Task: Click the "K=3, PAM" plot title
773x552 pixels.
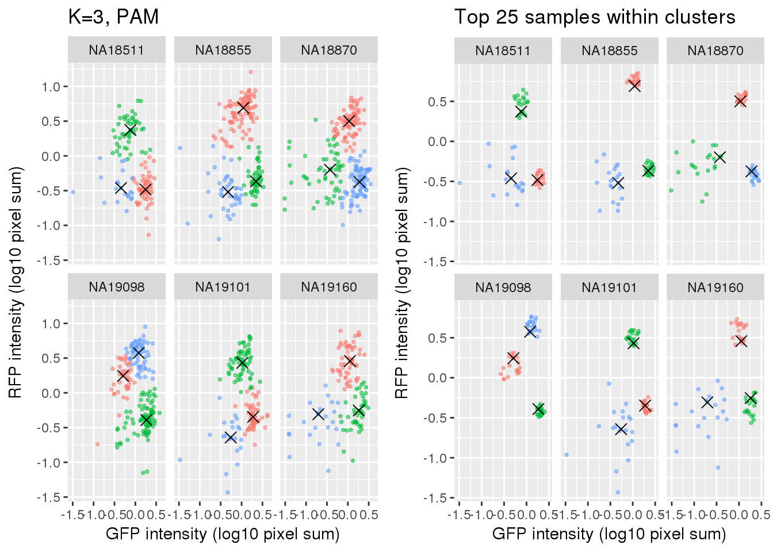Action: (x=113, y=17)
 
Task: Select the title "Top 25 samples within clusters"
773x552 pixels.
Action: (x=595, y=17)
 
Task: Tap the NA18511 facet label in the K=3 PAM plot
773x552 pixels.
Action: (x=116, y=50)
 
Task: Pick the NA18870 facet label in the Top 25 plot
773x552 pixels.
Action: (x=715, y=51)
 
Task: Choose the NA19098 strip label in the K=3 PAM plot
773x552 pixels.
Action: (x=116, y=287)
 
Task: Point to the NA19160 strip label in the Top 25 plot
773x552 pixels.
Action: (x=715, y=287)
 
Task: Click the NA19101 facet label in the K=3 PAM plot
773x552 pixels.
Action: (x=223, y=287)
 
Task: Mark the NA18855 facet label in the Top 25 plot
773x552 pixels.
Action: (x=610, y=51)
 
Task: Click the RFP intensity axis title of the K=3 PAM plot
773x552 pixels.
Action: (x=16, y=282)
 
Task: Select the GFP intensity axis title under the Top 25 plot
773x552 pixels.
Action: (x=609, y=534)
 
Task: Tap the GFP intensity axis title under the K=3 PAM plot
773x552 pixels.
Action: (x=223, y=534)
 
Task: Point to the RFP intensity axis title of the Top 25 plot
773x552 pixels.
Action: (x=402, y=282)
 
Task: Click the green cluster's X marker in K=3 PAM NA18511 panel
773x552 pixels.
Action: (x=131, y=130)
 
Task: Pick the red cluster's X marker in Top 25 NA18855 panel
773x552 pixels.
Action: (x=634, y=86)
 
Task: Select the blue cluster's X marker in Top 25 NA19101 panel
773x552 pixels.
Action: (x=621, y=428)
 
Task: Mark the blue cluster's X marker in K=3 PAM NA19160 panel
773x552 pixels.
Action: (x=318, y=413)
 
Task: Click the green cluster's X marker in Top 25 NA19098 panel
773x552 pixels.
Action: (x=539, y=409)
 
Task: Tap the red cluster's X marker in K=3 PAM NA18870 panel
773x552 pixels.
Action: (x=348, y=121)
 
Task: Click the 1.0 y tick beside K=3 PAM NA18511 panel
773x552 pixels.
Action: (x=51, y=87)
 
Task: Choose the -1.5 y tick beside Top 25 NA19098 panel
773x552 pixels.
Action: (x=437, y=498)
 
